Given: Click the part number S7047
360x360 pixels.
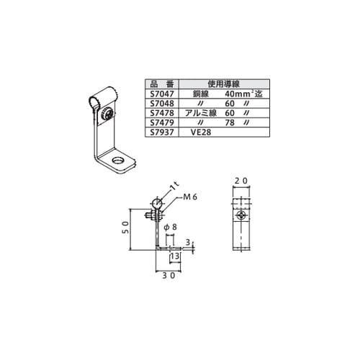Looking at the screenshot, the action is point(162,94).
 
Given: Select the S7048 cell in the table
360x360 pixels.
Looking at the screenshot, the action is point(162,104).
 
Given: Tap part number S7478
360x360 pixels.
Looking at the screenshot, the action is point(162,113).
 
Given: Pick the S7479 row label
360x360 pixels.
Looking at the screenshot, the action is point(162,122).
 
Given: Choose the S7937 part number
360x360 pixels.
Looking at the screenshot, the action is point(162,132).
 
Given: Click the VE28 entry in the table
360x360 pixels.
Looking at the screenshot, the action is point(201,132).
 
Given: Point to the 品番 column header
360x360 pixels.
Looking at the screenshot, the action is point(162,84).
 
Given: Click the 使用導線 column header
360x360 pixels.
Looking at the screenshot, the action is point(224,84).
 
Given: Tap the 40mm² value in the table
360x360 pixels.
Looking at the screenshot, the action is point(238,94).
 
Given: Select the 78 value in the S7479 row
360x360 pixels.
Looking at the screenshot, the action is point(230,122).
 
